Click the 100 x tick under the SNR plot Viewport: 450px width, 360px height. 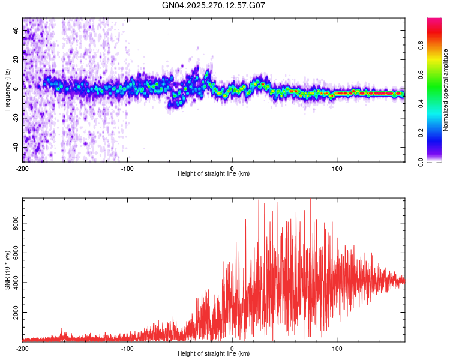coord(337,348)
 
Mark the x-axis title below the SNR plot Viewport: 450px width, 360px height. coord(214,354)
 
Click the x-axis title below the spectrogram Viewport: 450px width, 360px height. coord(214,174)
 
